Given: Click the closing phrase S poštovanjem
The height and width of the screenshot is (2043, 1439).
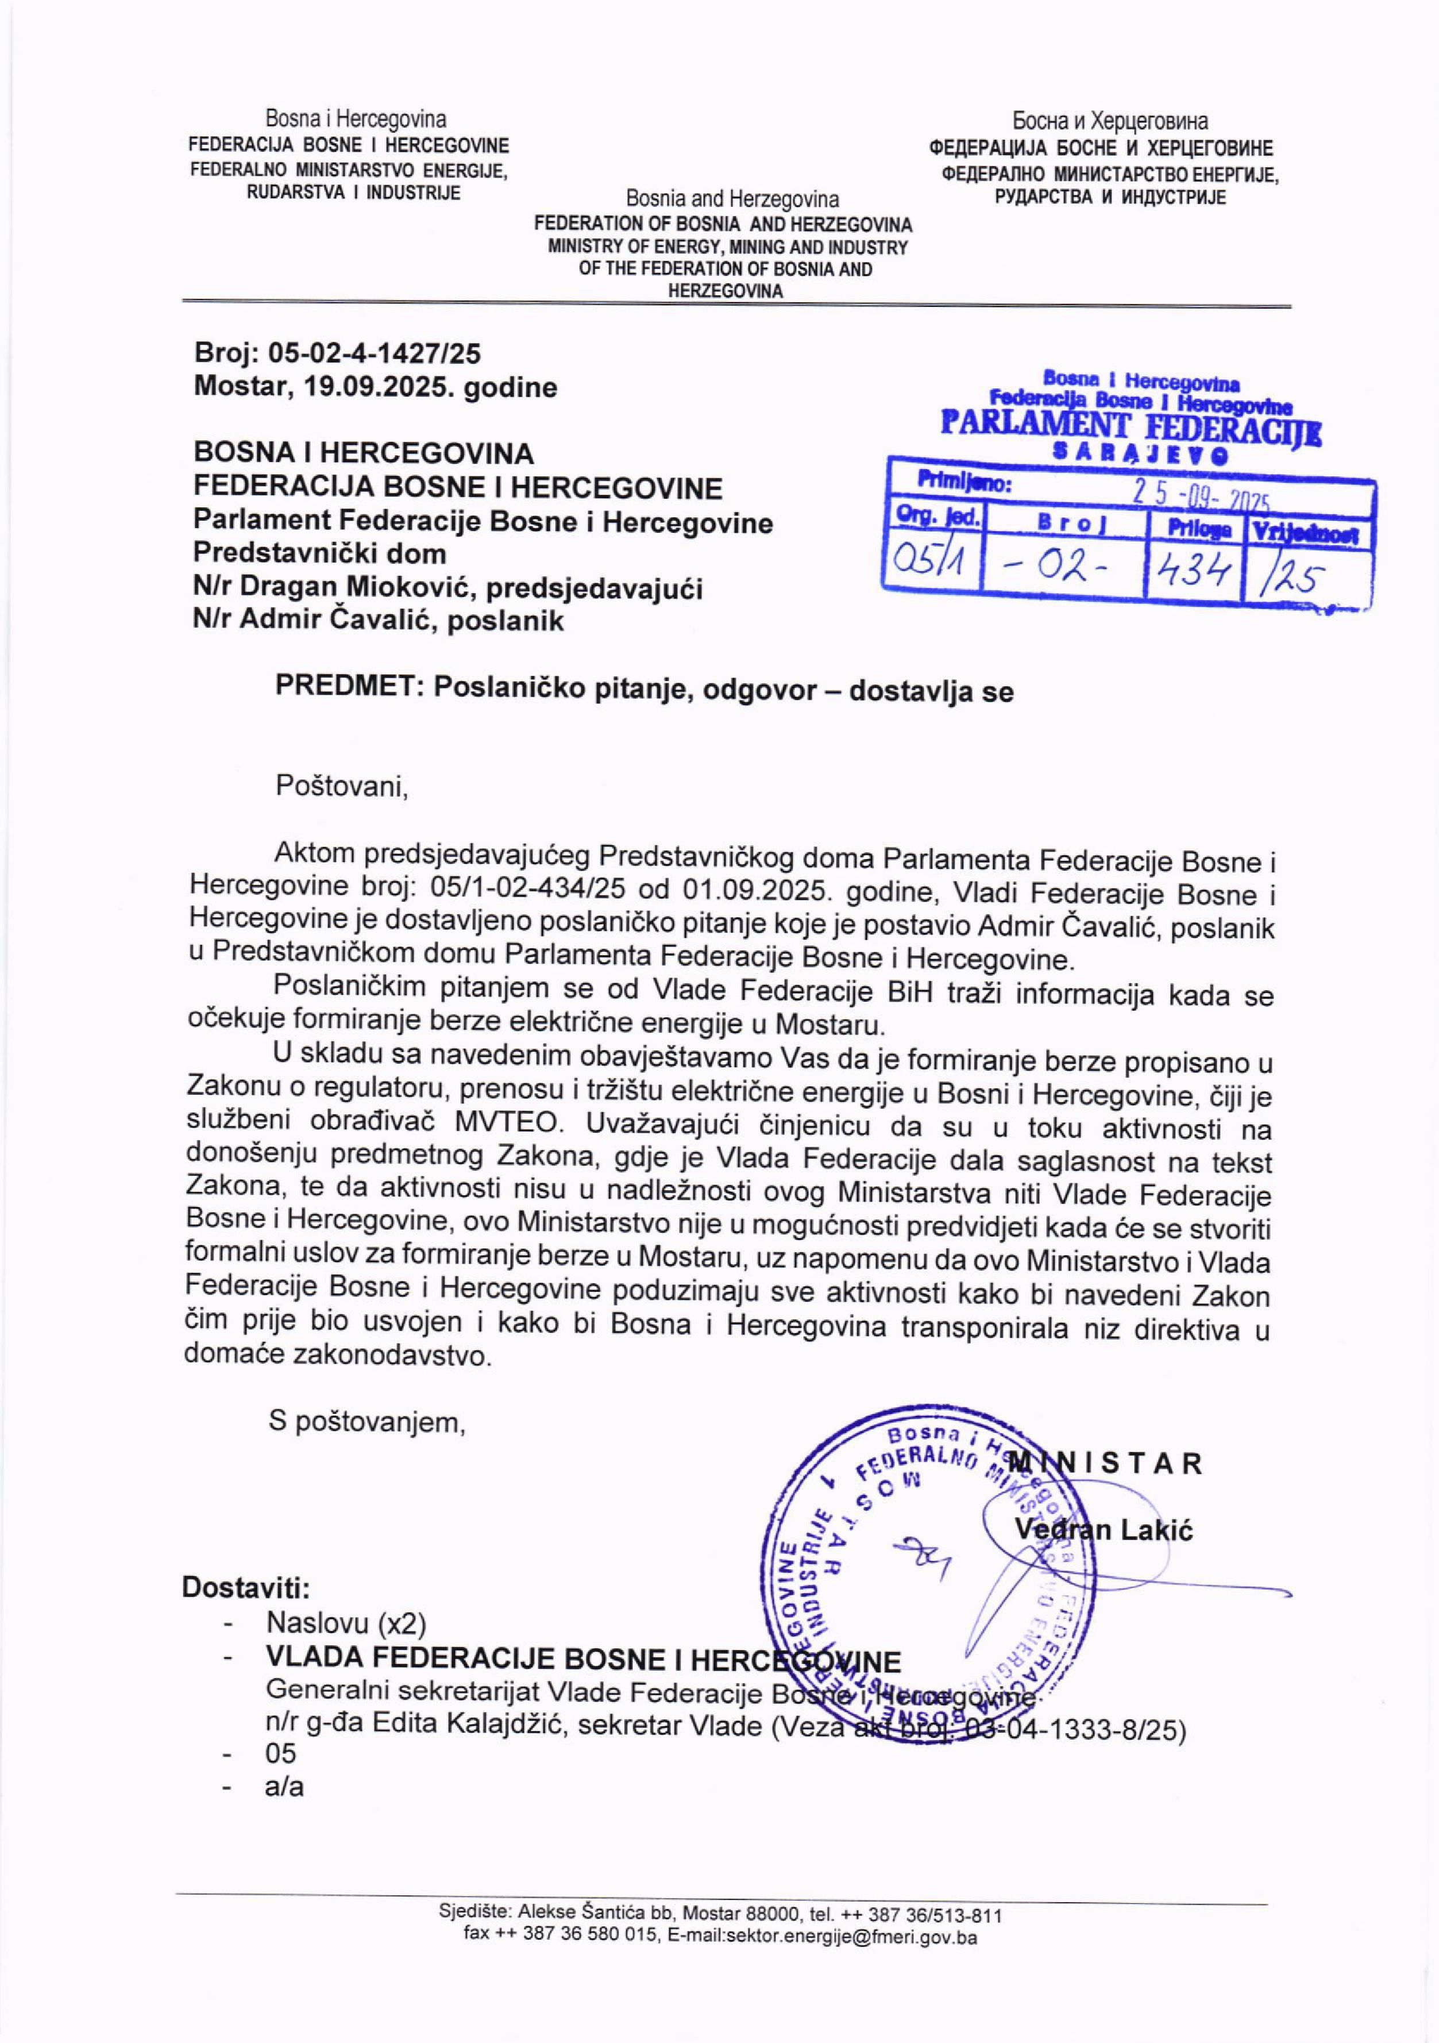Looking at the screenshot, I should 367,1423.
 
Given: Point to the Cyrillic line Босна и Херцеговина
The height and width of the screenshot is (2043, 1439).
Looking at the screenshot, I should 1109,121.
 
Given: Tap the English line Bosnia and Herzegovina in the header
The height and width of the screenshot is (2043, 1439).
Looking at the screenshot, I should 732,198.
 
